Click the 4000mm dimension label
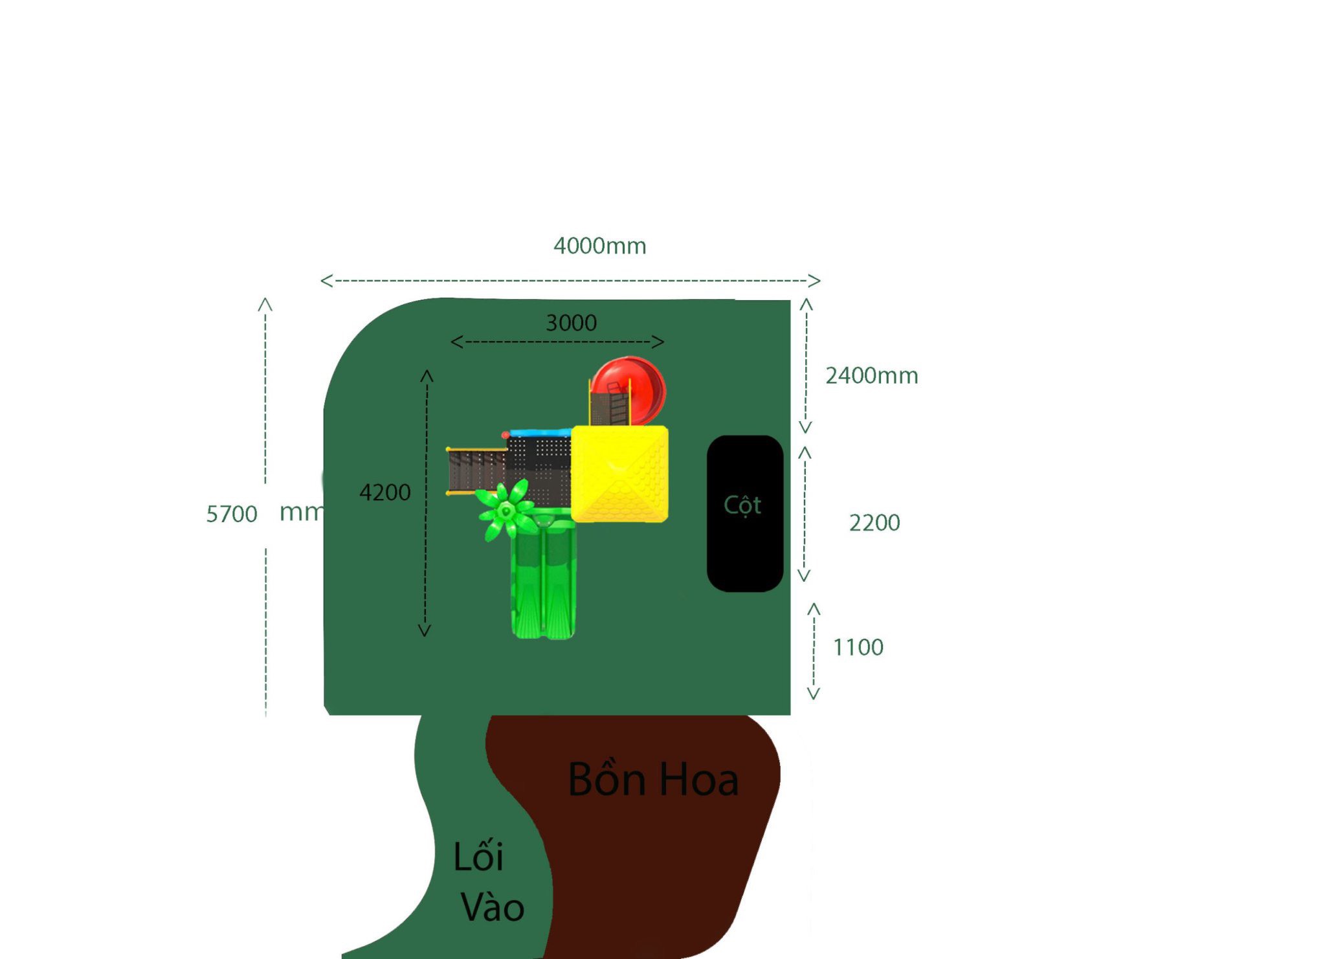[x=599, y=246]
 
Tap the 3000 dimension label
[x=571, y=323]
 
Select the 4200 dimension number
[x=384, y=492]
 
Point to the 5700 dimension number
[x=231, y=514]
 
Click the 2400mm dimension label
[x=871, y=375]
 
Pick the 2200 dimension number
[x=874, y=523]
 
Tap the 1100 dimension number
[x=858, y=647]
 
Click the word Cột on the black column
[x=742, y=505]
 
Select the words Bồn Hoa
[x=652, y=779]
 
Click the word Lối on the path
[x=478, y=856]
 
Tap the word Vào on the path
[x=492, y=907]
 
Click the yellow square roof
[x=619, y=474]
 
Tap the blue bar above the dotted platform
[x=540, y=432]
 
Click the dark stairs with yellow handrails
[x=476, y=471]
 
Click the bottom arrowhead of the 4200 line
[x=425, y=632]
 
